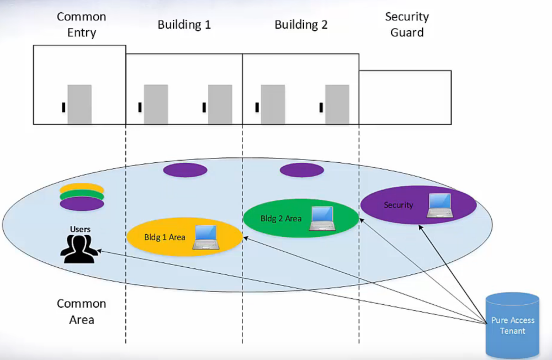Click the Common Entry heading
tap(81, 25)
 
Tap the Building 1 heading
tap(184, 25)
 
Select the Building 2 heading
tap(301, 25)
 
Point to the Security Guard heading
tap(407, 25)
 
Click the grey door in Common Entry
tap(79, 104)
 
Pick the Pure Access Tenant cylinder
tap(512, 326)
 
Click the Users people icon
tap(78, 248)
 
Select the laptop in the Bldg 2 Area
tap(322, 218)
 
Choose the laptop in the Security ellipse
tap(439, 205)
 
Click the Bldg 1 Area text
tap(164, 237)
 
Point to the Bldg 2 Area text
tap(281, 219)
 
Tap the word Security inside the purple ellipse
tap(399, 205)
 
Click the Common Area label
tap(81, 312)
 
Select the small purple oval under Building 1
tap(185, 170)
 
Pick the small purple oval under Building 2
tap(301, 170)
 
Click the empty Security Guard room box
tap(405, 97)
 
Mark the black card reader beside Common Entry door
tap(63, 107)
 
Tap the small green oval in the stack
tap(82, 196)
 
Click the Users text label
tap(80, 229)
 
